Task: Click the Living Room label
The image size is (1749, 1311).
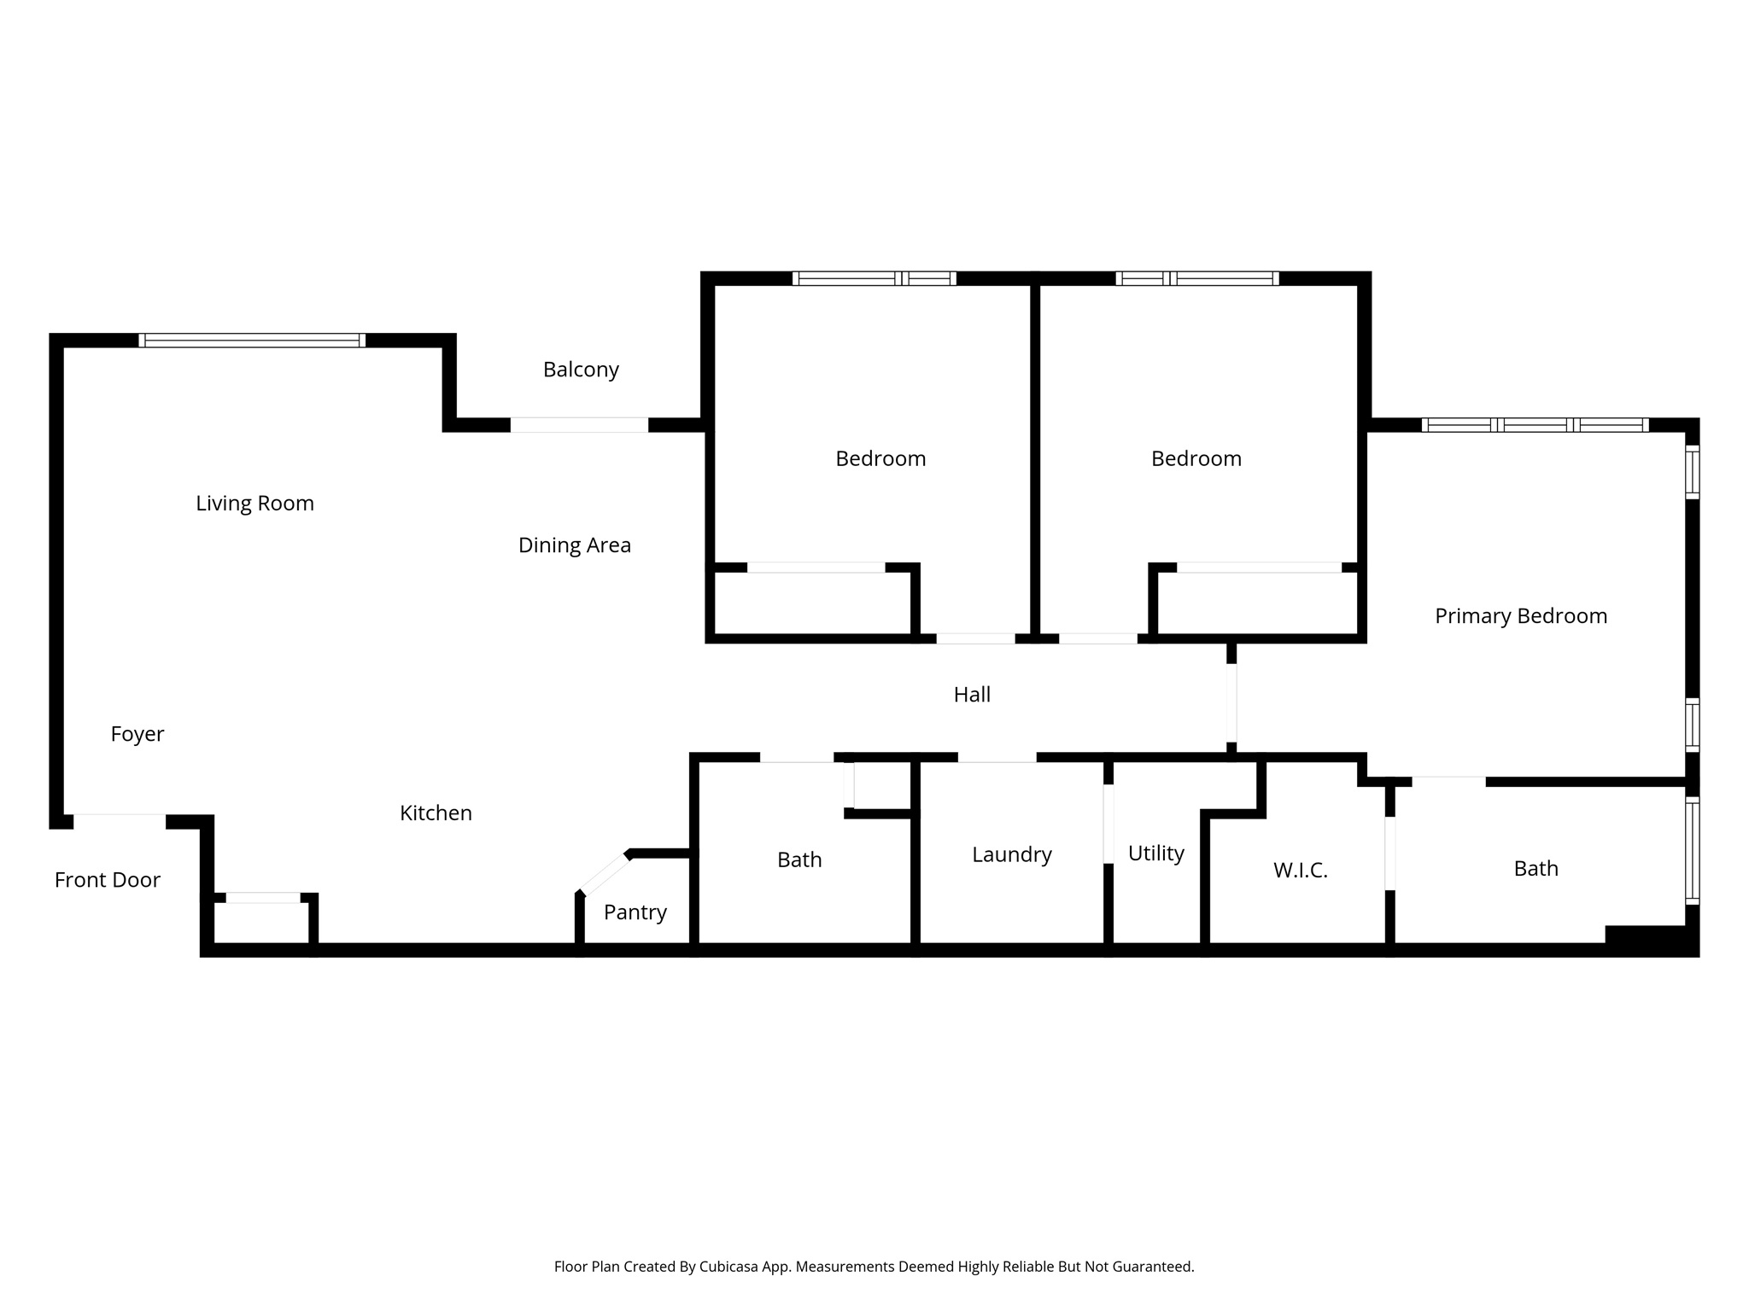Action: coord(254,504)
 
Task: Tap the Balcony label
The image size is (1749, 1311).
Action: coord(581,370)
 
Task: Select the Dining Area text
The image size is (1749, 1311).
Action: coord(574,545)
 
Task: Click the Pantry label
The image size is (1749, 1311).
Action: coord(635,912)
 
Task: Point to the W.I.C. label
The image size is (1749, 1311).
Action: coord(1300,871)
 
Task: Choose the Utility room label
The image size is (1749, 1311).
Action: coord(1155,854)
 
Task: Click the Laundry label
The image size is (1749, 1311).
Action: coord(1011,854)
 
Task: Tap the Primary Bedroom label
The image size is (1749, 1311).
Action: coord(1520,616)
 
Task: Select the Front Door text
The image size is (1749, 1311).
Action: coord(107,880)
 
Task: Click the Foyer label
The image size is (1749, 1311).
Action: coord(137,734)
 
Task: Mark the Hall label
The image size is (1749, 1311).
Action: coord(972,695)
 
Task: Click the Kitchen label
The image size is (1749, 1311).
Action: coord(436,813)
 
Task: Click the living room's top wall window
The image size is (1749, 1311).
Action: coord(252,341)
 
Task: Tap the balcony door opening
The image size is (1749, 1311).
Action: coord(579,425)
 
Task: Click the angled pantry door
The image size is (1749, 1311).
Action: coord(605,874)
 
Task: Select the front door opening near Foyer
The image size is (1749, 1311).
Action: coord(120,821)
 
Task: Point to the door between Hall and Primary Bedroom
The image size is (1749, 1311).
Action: coord(1231,702)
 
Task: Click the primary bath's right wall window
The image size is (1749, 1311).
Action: coord(1692,850)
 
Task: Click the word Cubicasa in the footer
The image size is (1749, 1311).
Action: coord(730,1267)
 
